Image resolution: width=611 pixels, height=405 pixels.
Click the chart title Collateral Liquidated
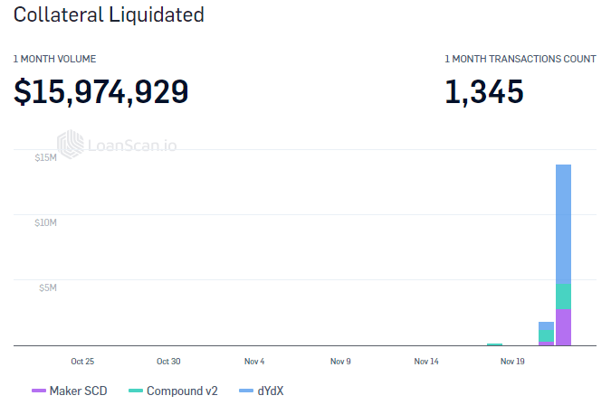109,15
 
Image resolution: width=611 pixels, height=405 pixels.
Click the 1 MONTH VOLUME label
54,59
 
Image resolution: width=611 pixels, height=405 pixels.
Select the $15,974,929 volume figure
100,91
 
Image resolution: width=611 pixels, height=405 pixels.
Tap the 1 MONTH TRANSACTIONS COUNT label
520,59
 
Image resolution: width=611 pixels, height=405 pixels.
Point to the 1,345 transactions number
483,91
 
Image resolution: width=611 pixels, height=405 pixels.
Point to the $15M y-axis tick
46,158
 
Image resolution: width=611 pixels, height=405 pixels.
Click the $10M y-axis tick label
46,223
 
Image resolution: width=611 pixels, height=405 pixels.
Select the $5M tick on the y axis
48,288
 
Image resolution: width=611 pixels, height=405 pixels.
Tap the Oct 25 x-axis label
82,361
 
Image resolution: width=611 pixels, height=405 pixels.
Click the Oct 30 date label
168,361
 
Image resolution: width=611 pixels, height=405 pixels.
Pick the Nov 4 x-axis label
254,361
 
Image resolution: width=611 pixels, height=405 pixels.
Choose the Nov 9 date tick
340,361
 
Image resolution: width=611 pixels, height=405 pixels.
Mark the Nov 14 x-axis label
426,361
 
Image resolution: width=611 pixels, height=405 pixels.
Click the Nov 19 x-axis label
512,361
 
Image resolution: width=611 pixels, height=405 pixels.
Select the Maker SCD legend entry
70,391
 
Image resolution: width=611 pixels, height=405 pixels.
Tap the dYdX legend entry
263,391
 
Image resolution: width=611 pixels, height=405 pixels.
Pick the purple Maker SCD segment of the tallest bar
563,327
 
